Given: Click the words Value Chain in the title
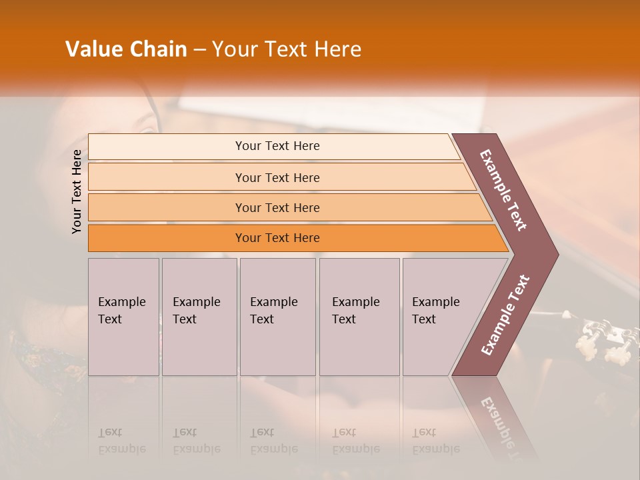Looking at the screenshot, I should (x=126, y=49).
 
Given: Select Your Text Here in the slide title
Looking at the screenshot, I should (x=287, y=49).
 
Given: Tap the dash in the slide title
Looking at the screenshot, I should (x=199, y=50).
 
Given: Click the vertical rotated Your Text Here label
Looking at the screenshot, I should (x=77, y=191).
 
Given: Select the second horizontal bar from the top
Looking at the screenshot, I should (x=277, y=177).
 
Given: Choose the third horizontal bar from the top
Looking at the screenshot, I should (x=277, y=207).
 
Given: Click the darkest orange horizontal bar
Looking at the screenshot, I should (x=277, y=238).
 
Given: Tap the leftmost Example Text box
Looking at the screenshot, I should (x=123, y=317).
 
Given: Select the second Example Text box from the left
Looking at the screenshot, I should (x=199, y=317).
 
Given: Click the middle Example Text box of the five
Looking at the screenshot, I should (x=277, y=317).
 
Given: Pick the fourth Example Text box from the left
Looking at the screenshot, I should (x=359, y=317).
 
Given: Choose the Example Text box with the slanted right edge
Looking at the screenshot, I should (x=440, y=317).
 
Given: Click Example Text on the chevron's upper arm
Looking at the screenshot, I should (x=503, y=190).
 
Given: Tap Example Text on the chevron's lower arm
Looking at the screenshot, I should (x=505, y=315).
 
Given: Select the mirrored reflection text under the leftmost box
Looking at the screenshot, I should (x=122, y=441).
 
